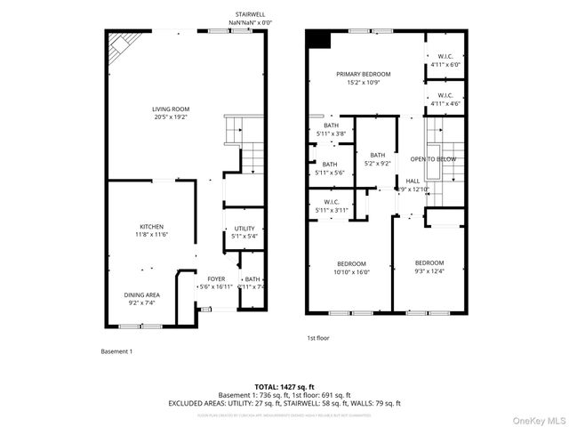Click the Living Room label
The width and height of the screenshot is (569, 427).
pyautogui.click(x=171, y=113)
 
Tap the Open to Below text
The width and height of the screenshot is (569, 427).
pyautogui.click(x=433, y=159)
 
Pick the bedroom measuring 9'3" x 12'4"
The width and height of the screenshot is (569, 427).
pyautogui.click(x=429, y=266)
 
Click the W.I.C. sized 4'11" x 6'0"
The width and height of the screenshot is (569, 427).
pyautogui.click(x=445, y=60)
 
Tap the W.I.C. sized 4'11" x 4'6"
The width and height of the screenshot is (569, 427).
pyautogui.click(x=445, y=99)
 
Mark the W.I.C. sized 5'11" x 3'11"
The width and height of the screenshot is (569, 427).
pyautogui.click(x=332, y=205)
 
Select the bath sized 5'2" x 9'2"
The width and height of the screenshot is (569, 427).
pyautogui.click(x=378, y=159)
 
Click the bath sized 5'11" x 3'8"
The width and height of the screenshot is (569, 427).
pyautogui.click(x=331, y=130)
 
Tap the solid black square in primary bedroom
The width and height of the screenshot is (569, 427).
pyautogui.click(x=317, y=38)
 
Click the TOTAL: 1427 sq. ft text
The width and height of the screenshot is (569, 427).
pyautogui.click(x=284, y=387)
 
